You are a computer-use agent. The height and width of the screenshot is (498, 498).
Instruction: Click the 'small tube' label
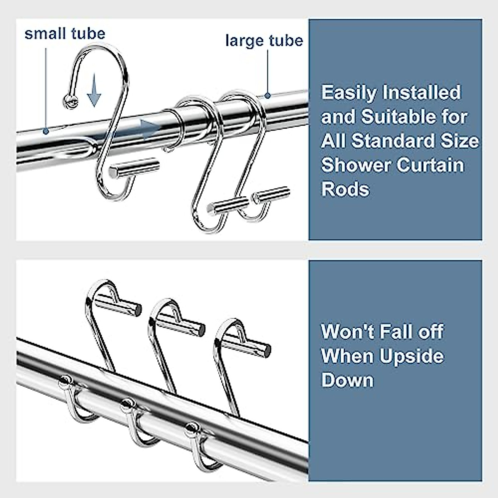pyautogui.click(x=65, y=34)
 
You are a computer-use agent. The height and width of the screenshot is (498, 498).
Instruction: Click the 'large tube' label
pyautogui.click(x=264, y=41)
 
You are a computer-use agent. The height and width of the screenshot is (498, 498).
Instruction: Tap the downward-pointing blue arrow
pyautogui.click(x=94, y=90)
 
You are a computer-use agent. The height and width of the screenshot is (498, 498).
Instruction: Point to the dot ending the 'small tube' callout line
pyautogui.click(x=46, y=132)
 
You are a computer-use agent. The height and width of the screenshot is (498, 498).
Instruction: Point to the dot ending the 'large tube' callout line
pyautogui.click(x=268, y=95)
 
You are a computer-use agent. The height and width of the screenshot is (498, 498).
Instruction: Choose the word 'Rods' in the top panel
pyautogui.click(x=345, y=189)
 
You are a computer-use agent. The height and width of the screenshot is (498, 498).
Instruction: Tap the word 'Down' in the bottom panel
pyautogui.click(x=347, y=381)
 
